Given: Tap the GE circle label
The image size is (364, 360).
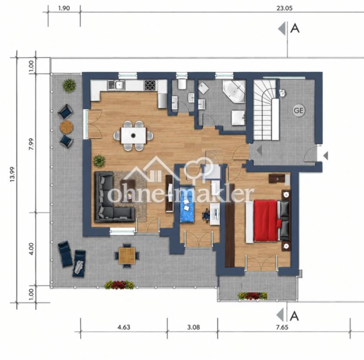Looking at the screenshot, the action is tap(298, 110).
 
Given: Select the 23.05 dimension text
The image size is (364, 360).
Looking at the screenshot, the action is tap(284, 8).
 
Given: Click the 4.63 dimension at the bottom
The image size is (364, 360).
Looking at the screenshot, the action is tap(124, 327).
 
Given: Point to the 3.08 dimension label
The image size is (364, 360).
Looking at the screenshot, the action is tap(193, 327).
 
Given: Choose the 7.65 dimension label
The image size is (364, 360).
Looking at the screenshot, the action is tap(282, 327).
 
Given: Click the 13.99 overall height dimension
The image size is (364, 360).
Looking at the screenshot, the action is tap(12, 174).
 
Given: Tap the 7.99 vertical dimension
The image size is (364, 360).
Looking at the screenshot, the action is tap(31, 144).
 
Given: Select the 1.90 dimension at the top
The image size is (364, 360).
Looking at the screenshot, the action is tap(64, 8).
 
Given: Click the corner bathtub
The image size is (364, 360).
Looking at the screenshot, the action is tap(234, 91).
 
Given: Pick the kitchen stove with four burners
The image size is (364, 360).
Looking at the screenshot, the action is tap(150, 85).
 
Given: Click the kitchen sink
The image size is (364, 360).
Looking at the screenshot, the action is tap(117, 85).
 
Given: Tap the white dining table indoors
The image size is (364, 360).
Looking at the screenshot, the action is tap(134, 136).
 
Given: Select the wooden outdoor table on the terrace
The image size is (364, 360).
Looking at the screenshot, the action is tap(127, 256).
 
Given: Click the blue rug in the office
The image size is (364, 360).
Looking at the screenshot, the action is tap(187, 204).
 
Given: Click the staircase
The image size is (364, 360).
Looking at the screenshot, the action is tap(266, 110).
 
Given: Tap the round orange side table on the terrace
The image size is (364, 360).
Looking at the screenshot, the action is tap(67, 127).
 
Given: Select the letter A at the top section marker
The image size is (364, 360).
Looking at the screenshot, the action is tap(295, 29).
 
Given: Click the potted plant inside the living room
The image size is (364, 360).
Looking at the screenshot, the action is tap(100, 160).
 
